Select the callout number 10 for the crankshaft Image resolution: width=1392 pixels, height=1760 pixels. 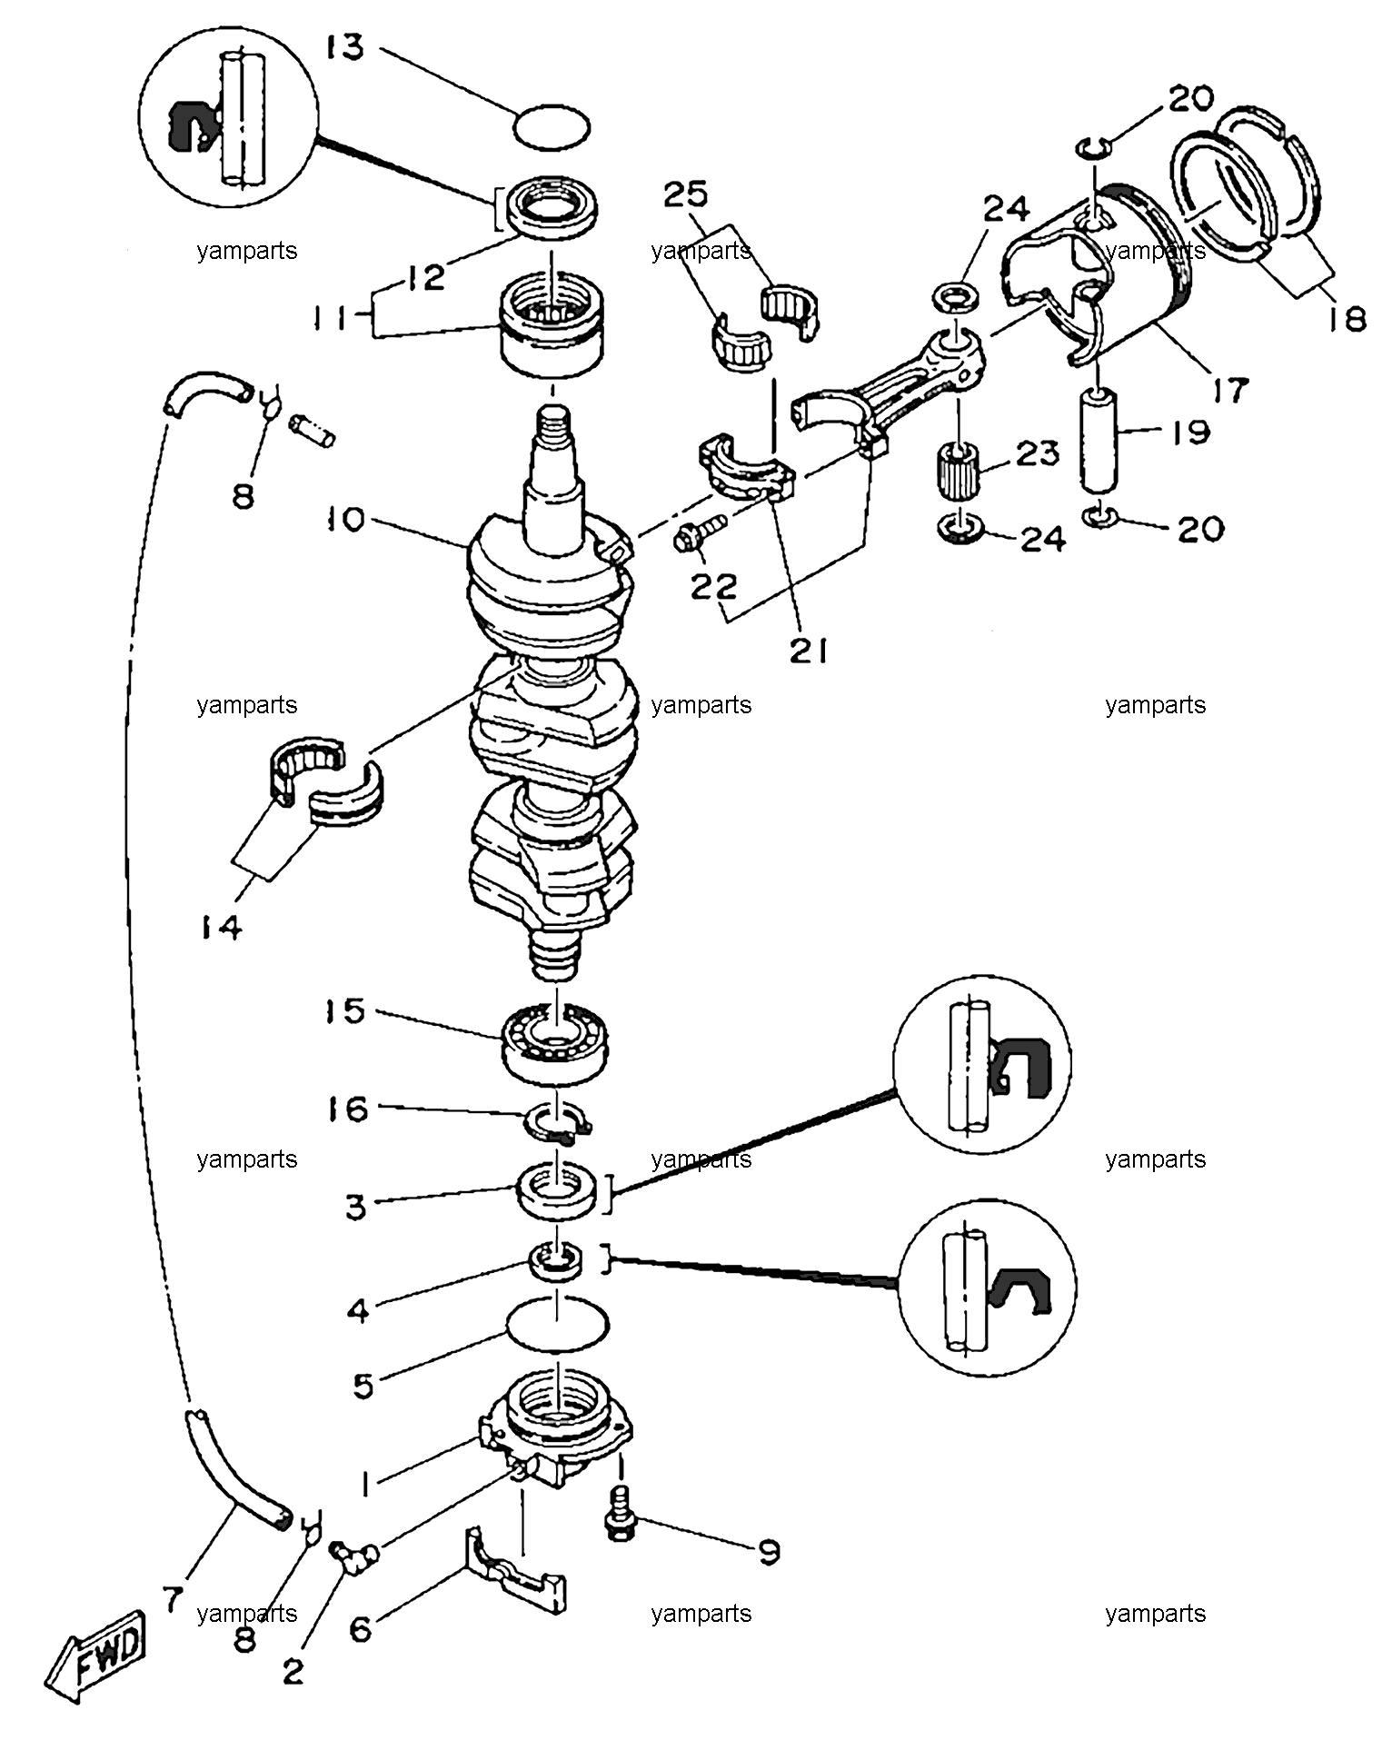[x=342, y=521]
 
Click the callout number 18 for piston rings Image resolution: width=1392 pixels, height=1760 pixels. [x=1346, y=319]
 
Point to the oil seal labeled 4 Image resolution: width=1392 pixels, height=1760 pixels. [x=555, y=1261]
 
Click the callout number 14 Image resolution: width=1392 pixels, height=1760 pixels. [x=219, y=928]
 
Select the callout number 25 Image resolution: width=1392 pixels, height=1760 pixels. [x=685, y=194]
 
